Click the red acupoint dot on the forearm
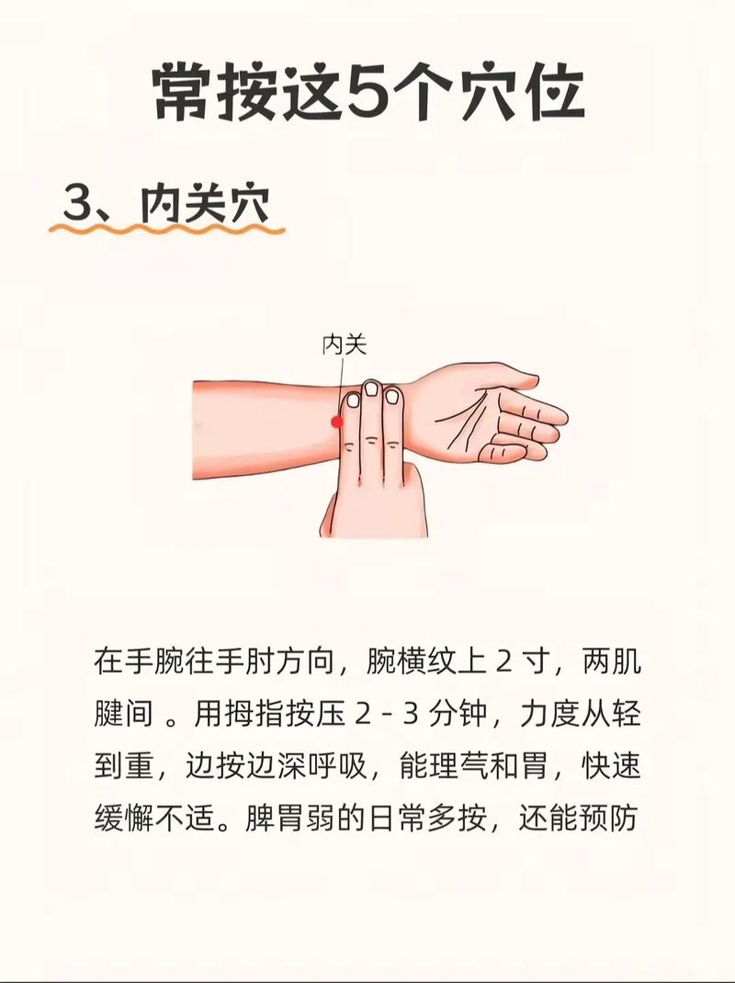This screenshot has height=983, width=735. pos(337,422)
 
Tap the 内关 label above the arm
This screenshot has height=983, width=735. pos(345,345)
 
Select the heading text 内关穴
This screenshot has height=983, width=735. pos(205,206)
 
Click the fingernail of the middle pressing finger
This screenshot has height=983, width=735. pos(371,390)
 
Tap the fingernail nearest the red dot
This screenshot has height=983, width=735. pos(352,400)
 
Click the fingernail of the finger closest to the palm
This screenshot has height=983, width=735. pos(392,396)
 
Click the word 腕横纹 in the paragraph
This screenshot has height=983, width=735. pos(411,662)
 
